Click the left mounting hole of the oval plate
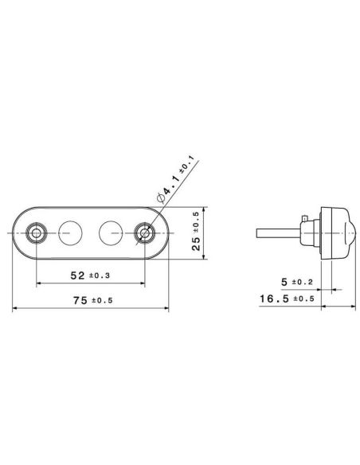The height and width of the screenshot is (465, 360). pos(36,233)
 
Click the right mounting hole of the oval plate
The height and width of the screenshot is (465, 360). pos(144,233)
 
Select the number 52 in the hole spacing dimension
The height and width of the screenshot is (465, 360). pos(78,275)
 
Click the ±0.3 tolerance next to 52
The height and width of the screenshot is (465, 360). pos(101,275)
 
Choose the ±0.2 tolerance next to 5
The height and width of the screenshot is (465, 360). pos(302,283)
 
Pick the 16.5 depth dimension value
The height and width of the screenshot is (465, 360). pos(272,299)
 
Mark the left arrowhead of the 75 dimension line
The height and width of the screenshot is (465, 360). pos(15,311)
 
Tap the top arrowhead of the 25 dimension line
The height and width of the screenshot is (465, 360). pos(205,211)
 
